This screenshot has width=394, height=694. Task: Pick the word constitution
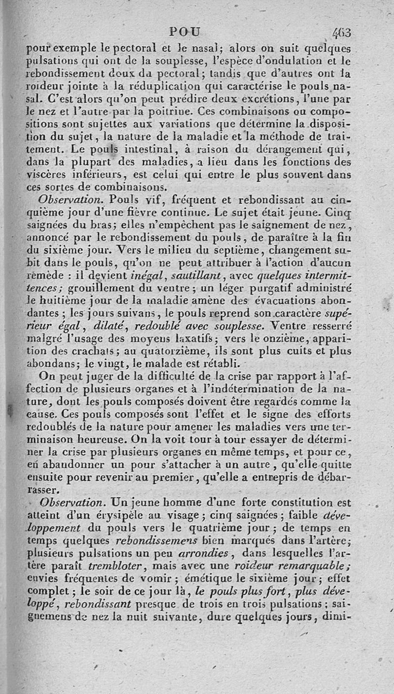300,503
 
